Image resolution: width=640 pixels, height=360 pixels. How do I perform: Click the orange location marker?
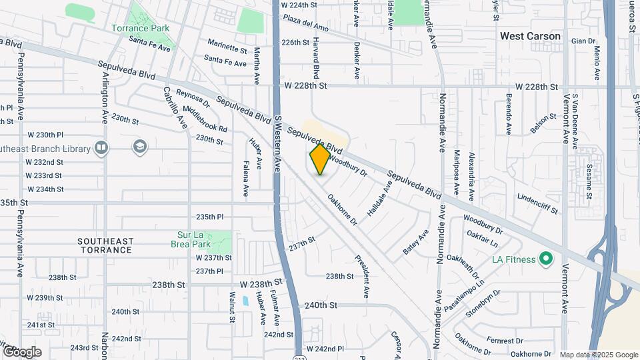320,159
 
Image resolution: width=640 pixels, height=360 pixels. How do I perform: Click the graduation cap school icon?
139,146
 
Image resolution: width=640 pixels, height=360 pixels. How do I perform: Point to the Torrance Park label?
140,29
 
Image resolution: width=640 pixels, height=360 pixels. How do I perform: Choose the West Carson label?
531,36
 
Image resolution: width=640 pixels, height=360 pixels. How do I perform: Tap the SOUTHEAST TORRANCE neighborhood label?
105,245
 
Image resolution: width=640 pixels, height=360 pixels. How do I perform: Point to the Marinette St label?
227,49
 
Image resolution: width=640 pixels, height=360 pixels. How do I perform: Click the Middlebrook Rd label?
205,119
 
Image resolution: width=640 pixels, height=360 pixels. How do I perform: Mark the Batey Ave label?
415,242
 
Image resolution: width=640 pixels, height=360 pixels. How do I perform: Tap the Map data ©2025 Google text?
599,355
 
